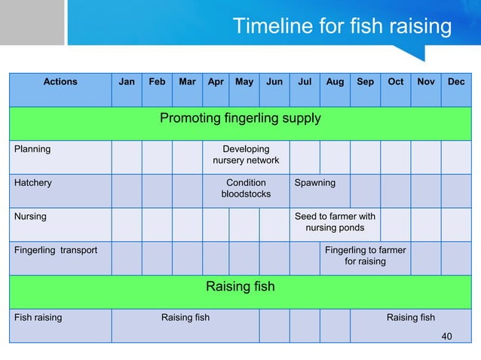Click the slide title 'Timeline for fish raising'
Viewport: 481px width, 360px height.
[342, 27]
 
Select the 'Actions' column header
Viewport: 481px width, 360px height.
[60, 81]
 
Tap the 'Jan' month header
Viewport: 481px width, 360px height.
[127, 81]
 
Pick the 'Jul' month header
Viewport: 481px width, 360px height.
[305, 81]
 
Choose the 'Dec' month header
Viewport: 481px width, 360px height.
[456, 81]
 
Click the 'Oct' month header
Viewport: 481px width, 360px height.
[395, 81]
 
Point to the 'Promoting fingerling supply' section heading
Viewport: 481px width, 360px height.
[240, 118]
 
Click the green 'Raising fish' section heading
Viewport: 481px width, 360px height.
[240, 287]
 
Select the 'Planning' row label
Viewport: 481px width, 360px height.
[32, 149]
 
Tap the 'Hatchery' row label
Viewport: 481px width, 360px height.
[33, 183]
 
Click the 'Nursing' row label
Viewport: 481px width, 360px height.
[30, 216]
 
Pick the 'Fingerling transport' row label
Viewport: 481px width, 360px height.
[56, 250]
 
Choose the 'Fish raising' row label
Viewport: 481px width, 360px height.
[38, 318]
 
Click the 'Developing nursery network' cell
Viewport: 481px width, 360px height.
[246, 155]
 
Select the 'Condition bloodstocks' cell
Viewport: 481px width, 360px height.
[246, 188]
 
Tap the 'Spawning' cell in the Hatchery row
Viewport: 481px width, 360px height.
[315, 183]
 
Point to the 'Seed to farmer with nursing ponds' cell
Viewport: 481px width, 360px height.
[335, 222]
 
